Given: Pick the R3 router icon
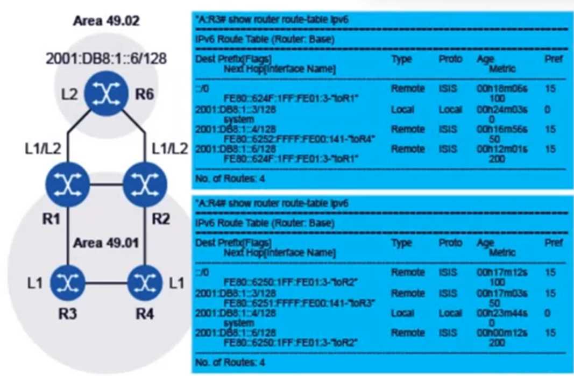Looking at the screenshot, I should (68, 281).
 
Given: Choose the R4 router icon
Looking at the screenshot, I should (144, 281).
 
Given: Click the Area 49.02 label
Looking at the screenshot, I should (106, 22).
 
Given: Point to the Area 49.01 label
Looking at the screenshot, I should (106, 243).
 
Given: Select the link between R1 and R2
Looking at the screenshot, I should (106, 185).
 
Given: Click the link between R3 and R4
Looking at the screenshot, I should (106, 282).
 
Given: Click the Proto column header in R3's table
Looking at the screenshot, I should (450, 59).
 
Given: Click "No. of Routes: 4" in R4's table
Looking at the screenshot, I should (231, 361).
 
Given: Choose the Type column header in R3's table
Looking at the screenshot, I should (401, 59).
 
